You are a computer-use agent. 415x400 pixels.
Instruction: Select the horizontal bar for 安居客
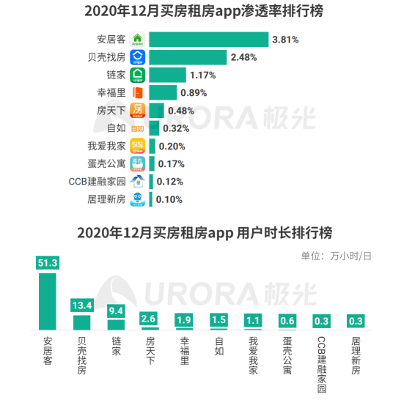click(208, 40)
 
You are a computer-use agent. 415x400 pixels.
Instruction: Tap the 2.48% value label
click(245, 57)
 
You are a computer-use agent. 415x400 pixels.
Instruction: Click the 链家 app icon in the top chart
click(138, 75)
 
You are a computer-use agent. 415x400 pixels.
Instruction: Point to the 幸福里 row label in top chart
click(111, 92)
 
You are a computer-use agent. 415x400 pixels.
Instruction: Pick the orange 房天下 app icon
click(138, 110)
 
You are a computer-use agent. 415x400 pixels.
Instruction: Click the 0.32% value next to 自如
click(176, 128)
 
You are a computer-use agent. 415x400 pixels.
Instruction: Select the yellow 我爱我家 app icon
click(138, 146)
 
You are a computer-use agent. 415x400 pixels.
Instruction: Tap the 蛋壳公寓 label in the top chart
click(106, 163)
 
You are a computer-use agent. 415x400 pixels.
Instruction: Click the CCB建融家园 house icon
click(138, 181)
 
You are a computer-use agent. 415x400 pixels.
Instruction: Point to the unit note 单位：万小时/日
click(336, 256)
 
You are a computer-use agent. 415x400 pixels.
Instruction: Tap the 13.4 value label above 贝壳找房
click(81, 305)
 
